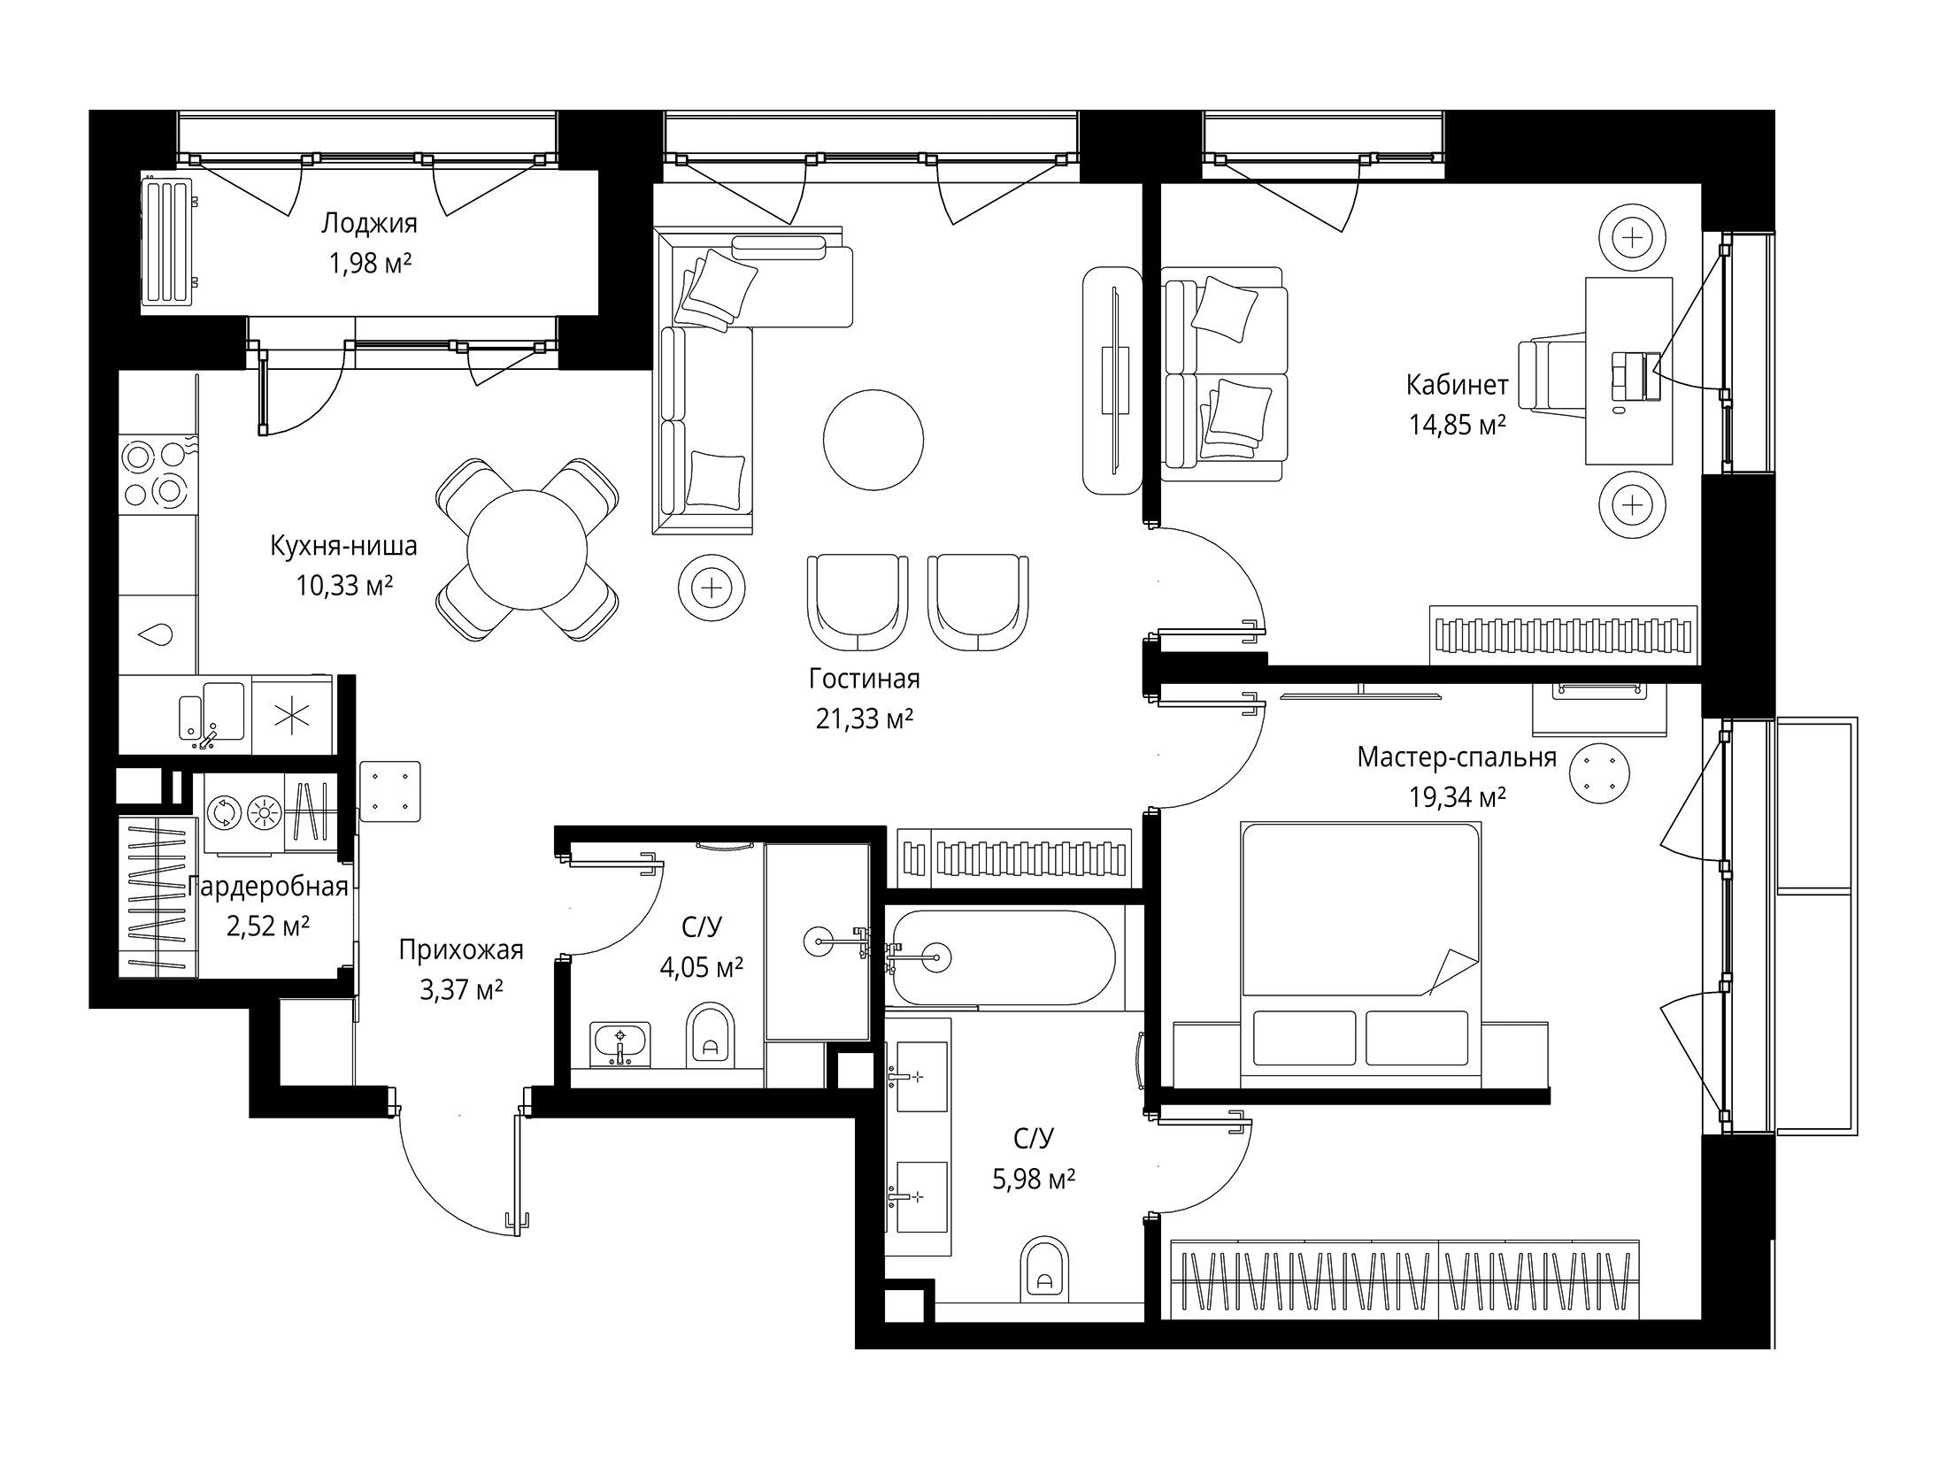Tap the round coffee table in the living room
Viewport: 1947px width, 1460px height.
tap(873, 440)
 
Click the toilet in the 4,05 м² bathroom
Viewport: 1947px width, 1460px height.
tap(710, 1034)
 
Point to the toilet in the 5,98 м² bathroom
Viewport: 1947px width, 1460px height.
tap(1044, 1272)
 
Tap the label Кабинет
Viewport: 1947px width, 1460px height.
tap(1457, 385)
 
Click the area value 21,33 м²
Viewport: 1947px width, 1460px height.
tap(864, 719)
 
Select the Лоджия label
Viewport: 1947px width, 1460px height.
tap(369, 223)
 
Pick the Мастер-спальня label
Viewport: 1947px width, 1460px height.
tap(1457, 758)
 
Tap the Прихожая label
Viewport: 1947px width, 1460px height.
tap(461, 950)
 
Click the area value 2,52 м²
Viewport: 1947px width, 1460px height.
tap(268, 926)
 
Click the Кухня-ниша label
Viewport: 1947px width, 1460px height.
tap(343, 546)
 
